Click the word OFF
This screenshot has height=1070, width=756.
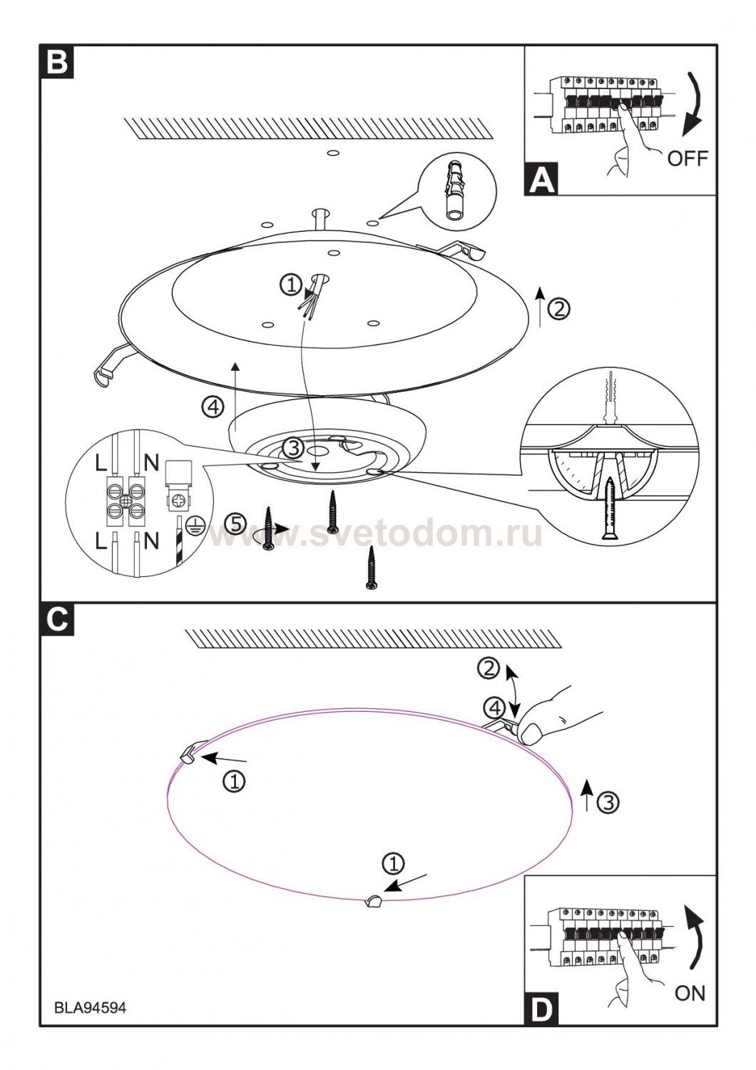pos(688,158)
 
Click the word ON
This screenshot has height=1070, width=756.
pos(689,993)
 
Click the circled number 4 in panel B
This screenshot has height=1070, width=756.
pos(213,408)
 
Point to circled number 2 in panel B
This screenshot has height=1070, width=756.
pos(561,309)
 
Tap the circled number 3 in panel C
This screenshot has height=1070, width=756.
pos(608,802)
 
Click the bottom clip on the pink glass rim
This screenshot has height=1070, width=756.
pos(372,902)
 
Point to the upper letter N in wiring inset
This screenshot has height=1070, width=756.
pos(151,463)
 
